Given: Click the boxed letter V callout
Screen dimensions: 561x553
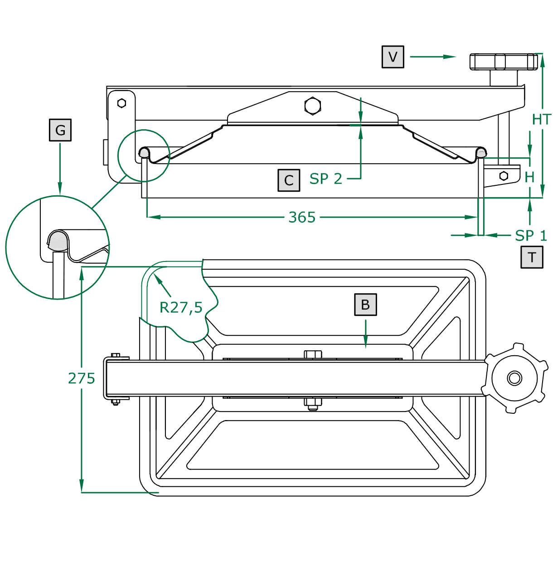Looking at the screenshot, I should pos(393,57).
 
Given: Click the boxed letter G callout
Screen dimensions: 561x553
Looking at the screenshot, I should pos(60,131).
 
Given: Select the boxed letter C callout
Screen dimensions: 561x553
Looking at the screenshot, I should pos(289,180).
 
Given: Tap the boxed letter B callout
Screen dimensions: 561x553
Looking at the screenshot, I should pos(365,305).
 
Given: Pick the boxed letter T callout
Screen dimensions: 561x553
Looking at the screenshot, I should pos(532,257).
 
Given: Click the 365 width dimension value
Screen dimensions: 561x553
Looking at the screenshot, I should pos(302,218).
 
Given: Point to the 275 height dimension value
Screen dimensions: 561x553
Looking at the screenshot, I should pos(82,378).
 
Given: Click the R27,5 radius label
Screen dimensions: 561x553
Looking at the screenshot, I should pos(181,308).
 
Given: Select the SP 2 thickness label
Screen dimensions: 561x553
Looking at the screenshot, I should pos(325,179).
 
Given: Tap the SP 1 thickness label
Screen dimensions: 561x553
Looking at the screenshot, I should pos(531,236).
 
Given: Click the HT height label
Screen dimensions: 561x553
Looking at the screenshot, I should pos(541,120).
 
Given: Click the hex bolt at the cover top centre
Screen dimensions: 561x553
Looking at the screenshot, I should pos(313,106).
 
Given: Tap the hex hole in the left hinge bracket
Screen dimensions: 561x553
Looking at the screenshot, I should pos(121,103).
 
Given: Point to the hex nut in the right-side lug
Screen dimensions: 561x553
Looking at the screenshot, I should pos(504,176).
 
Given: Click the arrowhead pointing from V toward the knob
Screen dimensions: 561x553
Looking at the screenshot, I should pos(449,57).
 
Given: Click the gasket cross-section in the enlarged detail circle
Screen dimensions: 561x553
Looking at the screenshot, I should pos(57,241).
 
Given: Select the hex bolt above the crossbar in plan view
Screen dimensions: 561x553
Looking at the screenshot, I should pos(313,354).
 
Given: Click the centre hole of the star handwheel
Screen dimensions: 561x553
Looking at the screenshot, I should pos(514,377).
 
